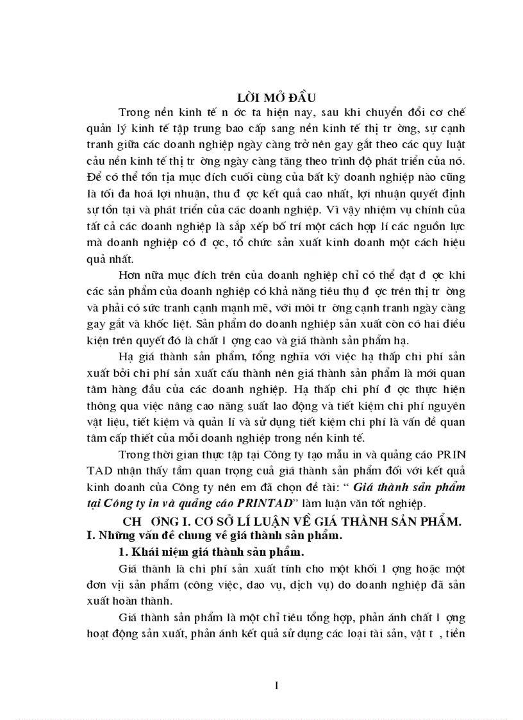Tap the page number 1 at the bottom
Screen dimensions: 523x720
276,687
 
